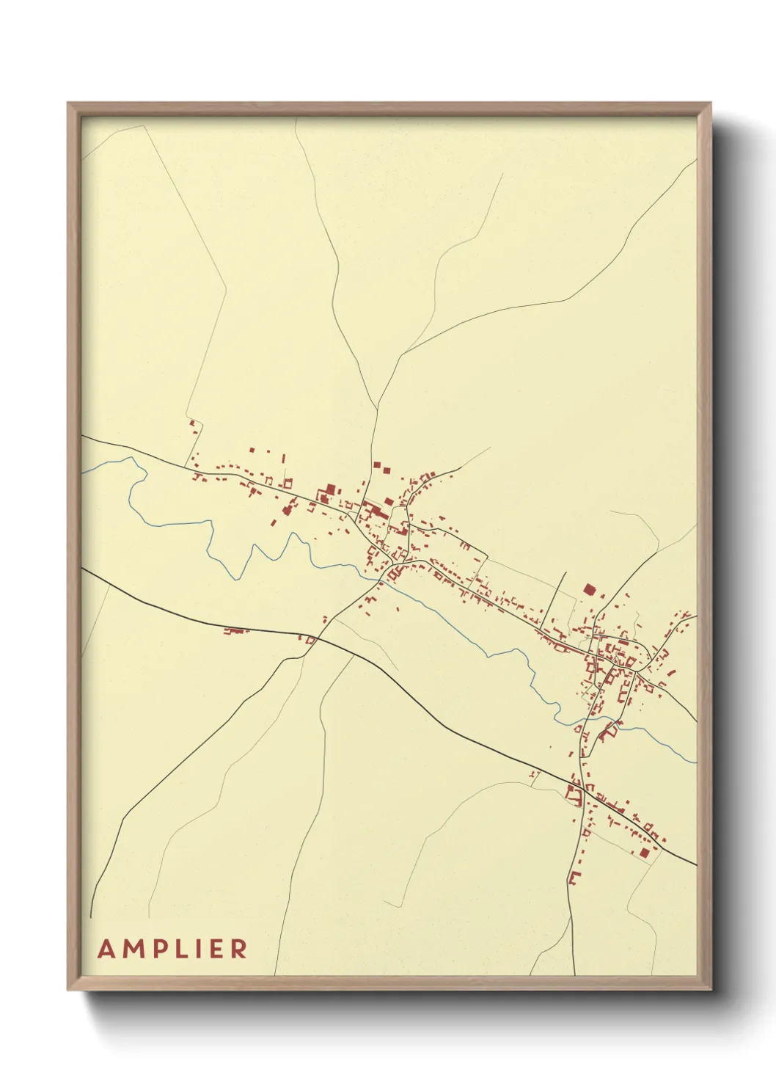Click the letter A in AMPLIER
click(x=107, y=950)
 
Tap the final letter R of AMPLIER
click(x=239, y=950)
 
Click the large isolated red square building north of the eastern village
click(x=589, y=588)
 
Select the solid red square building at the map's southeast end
click(x=644, y=852)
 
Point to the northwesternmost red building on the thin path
click(x=193, y=423)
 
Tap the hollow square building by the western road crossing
click(x=310, y=641)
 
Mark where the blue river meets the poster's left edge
click(x=83, y=471)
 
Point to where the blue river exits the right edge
click(x=695, y=761)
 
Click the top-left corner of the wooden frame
click(x=68, y=103)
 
